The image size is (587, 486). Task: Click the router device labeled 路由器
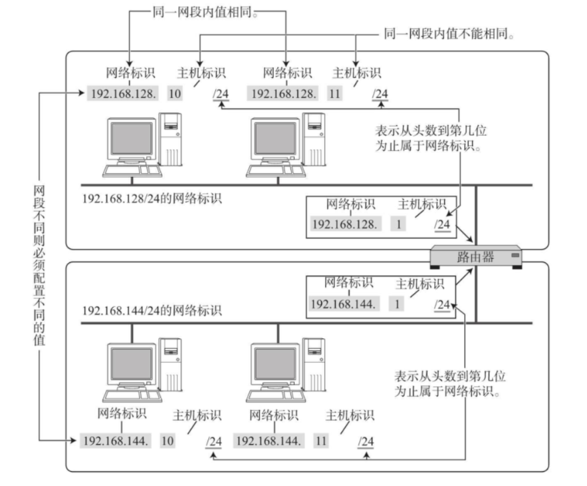pyautogui.click(x=475, y=257)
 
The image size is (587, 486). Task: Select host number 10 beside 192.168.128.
pyautogui.click(x=175, y=93)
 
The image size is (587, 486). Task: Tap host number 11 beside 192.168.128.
pyautogui.click(x=334, y=93)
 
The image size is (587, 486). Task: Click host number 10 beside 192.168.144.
pyautogui.click(x=168, y=441)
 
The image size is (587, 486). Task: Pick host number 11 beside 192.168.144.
pyautogui.click(x=321, y=441)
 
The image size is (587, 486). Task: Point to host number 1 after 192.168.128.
pyautogui.click(x=398, y=224)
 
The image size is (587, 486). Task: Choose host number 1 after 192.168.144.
pyautogui.click(x=397, y=304)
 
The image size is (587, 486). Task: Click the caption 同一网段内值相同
pyautogui.click(x=205, y=12)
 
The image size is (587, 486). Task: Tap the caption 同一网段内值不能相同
pyautogui.click(x=449, y=34)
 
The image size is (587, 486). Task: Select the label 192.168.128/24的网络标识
pyautogui.click(x=152, y=198)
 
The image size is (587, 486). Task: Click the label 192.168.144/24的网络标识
pyautogui.click(x=152, y=310)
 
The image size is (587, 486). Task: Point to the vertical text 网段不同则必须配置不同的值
pyautogui.click(x=39, y=266)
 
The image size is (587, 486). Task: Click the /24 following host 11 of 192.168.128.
pyautogui.click(x=380, y=94)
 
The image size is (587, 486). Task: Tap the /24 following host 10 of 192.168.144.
pyautogui.click(x=214, y=441)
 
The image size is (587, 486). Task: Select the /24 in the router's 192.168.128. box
pyautogui.click(x=443, y=224)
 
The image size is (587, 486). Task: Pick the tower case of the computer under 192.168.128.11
pyautogui.click(x=314, y=139)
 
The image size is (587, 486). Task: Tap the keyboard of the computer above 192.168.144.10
pyautogui.click(x=132, y=395)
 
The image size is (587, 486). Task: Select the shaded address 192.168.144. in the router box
pyautogui.click(x=343, y=304)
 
